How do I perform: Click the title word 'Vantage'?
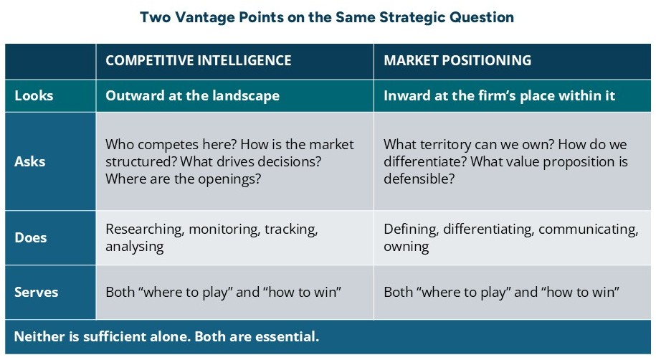[x=204, y=17]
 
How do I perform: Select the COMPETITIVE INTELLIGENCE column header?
[x=198, y=60]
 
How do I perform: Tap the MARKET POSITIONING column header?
[x=457, y=60]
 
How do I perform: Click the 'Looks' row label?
[x=34, y=95]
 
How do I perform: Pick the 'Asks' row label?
[x=31, y=161]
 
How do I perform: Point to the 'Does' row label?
[x=32, y=238]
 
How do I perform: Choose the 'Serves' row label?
[x=36, y=293]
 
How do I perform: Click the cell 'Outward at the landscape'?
[x=192, y=95]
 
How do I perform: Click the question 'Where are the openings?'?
[x=183, y=179]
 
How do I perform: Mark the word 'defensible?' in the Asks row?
[x=419, y=179]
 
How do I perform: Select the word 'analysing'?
[x=134, y=247]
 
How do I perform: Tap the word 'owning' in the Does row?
[x=406, y=247]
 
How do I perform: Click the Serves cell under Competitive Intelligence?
[x=223, y=293]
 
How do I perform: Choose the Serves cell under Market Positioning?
[x=501, y=293]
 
